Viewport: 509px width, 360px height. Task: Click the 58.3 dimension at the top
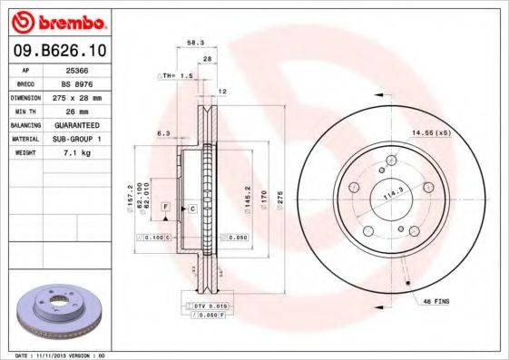(x=194, y=43)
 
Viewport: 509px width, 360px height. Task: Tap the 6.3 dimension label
(x=163, y=133)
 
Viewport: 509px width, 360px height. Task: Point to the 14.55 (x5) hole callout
(x=431, y=133)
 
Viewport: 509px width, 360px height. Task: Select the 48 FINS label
(x=436, y=300)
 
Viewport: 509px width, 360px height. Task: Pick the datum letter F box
(x=166, y=208)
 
